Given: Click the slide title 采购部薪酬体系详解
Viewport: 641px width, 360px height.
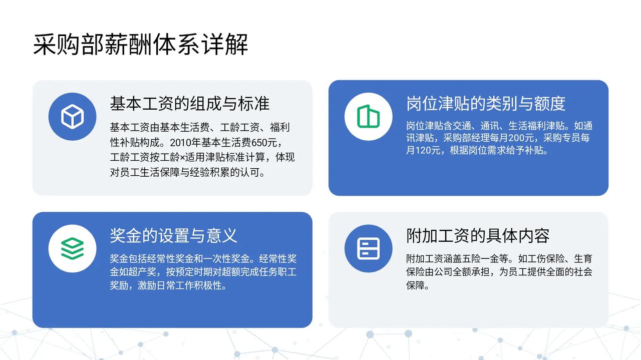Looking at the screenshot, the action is [x=141, y=45].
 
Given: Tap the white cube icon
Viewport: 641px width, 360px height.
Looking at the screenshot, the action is [x=73, y=117].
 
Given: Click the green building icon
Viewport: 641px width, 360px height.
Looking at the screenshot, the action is [x=368, y=116].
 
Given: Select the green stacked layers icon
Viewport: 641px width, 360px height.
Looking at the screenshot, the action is [x=73, y=248].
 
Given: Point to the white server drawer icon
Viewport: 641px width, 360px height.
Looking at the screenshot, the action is [x=368, y=248].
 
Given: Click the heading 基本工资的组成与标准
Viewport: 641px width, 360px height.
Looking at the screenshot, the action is [x=190, y=103].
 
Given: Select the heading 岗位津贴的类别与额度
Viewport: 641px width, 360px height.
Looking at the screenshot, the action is [x=486, y=103].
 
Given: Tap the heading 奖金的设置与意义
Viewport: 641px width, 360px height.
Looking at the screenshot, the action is [x=174, y=235].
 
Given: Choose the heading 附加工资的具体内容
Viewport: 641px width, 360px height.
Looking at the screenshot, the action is [x=478, y=235].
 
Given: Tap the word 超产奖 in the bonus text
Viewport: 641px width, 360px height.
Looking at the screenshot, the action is [x=142, y=272].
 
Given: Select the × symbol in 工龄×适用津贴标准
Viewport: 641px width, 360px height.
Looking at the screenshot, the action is [x=182, y=158].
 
